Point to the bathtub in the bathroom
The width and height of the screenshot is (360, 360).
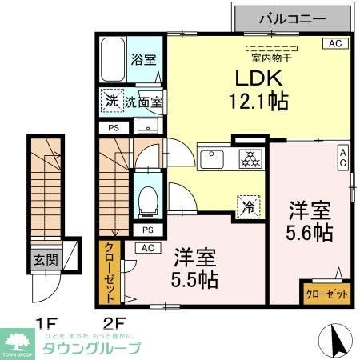tap(114, 58)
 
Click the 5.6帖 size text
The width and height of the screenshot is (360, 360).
tap(310, 233)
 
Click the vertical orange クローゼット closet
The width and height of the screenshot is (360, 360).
tap(110, 272)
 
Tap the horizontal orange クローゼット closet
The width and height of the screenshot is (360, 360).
tap(326, 294)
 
